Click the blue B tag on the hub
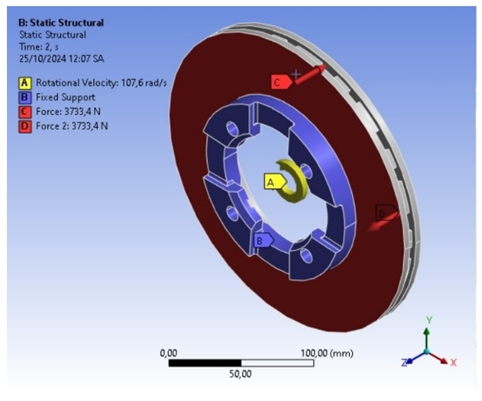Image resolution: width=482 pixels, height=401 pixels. pos(264,240)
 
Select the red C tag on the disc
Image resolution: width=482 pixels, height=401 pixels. pos(281,82)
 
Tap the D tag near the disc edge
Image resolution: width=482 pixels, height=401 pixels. pos(386,212)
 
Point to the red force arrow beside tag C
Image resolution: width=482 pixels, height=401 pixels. pos(310,74)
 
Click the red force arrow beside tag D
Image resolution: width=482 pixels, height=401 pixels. pos(383,222)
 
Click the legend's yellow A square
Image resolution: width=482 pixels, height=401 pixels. pos(24,83)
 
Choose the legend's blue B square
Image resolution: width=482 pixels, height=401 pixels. pos(24,97)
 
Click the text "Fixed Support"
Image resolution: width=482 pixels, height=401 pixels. pos(66,97)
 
